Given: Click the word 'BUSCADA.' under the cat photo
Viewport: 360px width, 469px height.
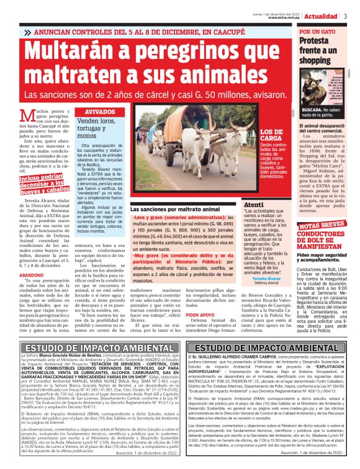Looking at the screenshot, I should pos(312,109).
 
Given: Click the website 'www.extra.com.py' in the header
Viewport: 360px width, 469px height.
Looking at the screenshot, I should pos(286,18).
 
